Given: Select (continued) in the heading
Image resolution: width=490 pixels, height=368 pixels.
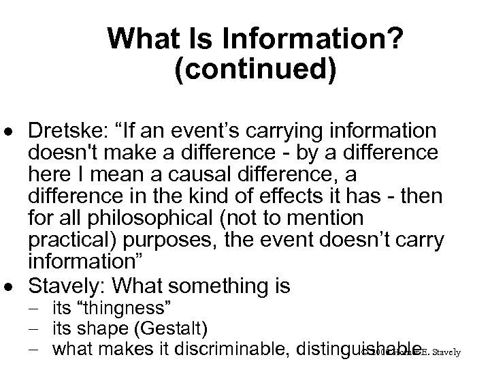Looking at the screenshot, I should tap(255, 71).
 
